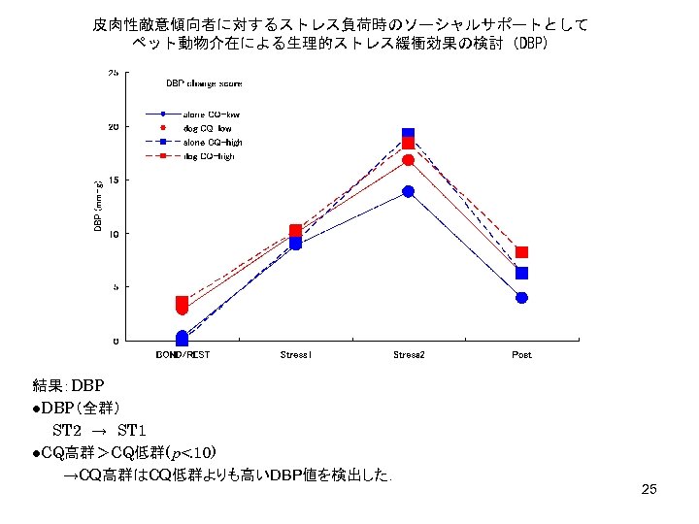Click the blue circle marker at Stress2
pyautogui.click(x=409, y=191)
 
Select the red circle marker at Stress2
pyautogui.click(x=409, y=160)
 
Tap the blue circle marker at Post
pyautogui.click(x=521, y=298)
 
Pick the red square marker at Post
pyautogui.click(x=521, y=252)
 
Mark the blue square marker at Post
pyautogui.click(x=521, y=274)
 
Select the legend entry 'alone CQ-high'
pyautogui.click(x=213, y=142)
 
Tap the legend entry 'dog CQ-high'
pyautogui.click(x=209, y=155)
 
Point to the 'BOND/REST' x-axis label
pyautogui.click(x=183, y=355)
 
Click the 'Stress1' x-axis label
pyautogui.click(x=295, y=355)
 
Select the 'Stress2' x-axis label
pyautogui.click(x=409, y=355)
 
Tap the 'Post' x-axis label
pyautogui.click(x=521, y=355)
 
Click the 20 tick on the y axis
pyautogui.click(x=114, y=126)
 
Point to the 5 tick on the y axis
pyautogui.click(x=116, y=287)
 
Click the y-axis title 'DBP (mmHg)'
pyautogui.click(x=97, y=207)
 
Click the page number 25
pyautogui.click(x=649, y=489)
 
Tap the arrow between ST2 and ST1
pyautogui.click(x=100, y=429)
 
